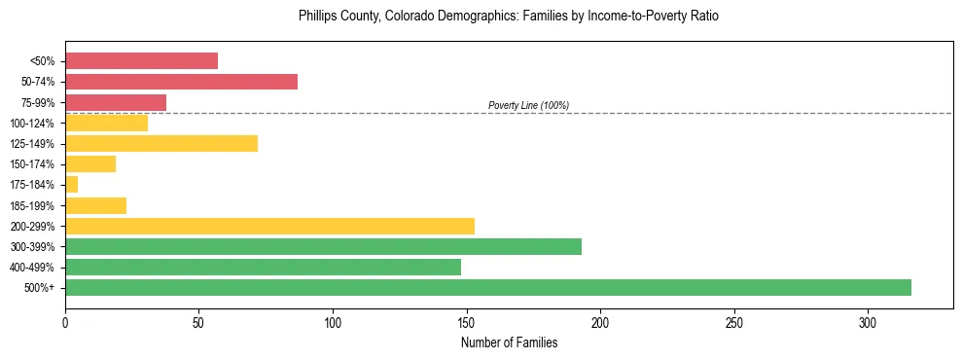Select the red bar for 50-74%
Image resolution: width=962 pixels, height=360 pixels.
point(181,82)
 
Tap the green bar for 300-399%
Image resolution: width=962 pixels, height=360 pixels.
point(323,246)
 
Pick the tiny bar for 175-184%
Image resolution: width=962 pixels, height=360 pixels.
point(71,184)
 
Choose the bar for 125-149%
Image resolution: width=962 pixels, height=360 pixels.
point(161,144)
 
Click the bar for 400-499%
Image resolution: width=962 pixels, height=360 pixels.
point(263,267)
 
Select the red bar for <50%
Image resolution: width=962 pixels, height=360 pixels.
point(141,61)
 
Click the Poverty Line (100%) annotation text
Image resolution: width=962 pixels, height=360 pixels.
point(528,105)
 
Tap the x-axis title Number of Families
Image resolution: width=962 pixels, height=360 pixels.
point(509,342)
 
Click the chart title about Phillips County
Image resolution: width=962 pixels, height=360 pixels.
point(510,17)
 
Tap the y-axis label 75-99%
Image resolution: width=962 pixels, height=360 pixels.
point(38,102)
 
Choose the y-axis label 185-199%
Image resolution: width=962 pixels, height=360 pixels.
point(33,205)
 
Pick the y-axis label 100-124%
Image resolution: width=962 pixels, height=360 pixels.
point(33,124)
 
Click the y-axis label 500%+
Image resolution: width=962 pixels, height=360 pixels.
point(41,287)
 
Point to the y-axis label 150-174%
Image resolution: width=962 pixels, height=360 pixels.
point(33,164)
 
